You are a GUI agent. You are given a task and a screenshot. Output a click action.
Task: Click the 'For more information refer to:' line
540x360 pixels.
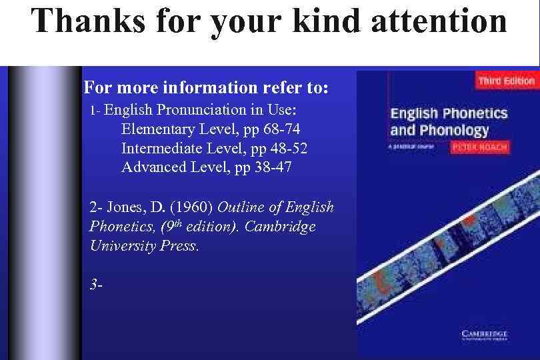point(206,88)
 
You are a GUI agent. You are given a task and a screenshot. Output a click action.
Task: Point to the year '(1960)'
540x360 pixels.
point(191,207)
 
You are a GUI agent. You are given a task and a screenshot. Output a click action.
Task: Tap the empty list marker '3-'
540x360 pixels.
point(96,285)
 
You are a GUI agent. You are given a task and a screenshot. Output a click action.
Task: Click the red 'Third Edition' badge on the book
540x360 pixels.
point(506,81)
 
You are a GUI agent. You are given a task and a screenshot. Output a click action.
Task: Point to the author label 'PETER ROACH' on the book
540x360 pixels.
point(479,147)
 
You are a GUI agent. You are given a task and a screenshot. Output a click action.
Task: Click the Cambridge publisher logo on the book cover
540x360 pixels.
point(485,335)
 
